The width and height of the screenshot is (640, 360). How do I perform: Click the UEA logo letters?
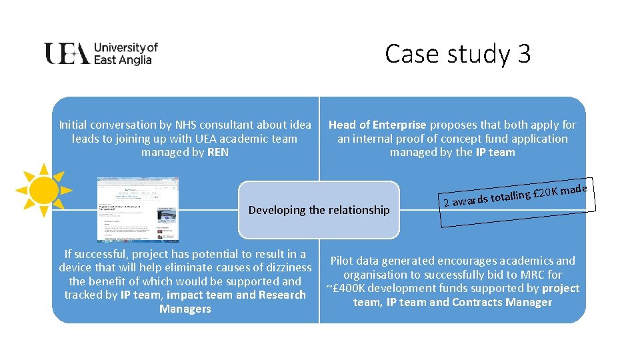pos(67,53)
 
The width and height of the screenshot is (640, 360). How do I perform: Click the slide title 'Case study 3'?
pos(457,54)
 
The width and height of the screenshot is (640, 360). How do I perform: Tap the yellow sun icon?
pos(44,190)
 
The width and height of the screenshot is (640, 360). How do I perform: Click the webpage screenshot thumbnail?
pos(138,209)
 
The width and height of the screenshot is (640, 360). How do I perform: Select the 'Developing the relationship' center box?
pos(319,210)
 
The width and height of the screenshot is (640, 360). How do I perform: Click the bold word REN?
pos(218,153)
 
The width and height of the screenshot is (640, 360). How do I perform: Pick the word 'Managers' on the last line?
pos(185,309)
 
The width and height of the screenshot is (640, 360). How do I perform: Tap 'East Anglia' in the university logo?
pos(123,60)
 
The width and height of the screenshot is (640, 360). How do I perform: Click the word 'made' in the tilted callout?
pos(574,190)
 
